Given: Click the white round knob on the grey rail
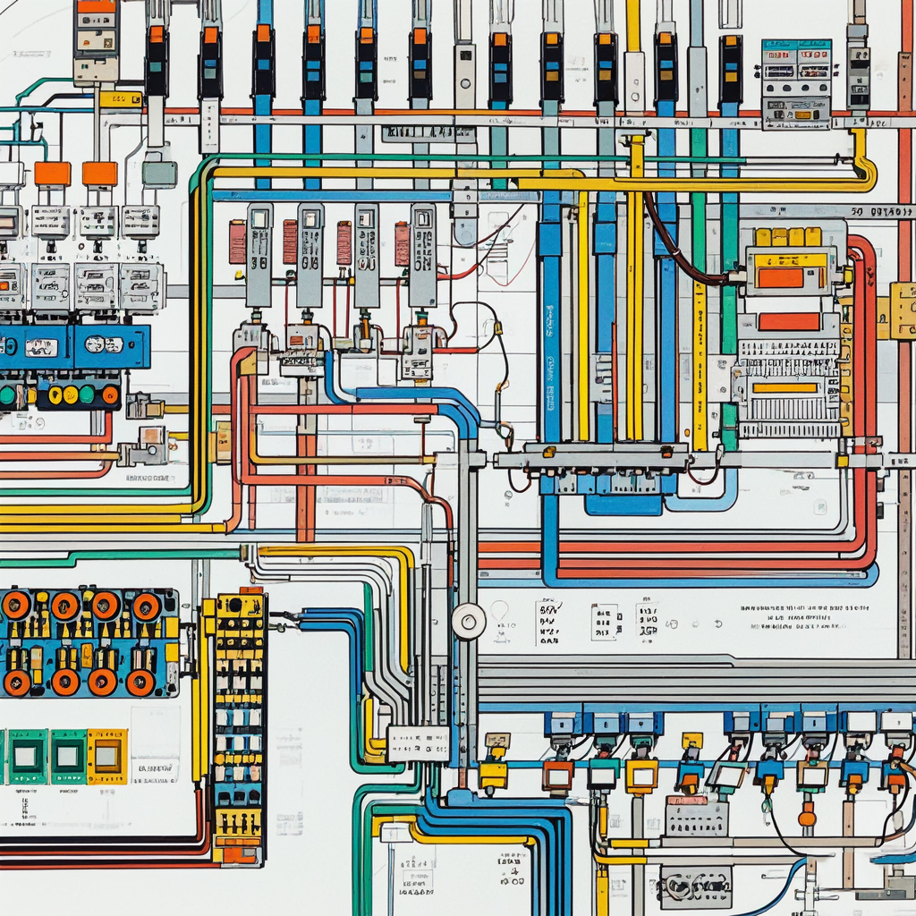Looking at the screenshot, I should pyautogui.click(x=468, y=621).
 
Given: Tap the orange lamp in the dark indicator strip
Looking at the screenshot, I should pyautogui.click(x=110, y=394).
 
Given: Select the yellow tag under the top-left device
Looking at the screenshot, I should pyautogui.click(x=121, y=98).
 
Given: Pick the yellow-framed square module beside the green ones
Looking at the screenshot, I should pyautogui.click(x=106, y=756).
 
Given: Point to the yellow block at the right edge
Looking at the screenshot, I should pyautogui.click(x=902, y=310).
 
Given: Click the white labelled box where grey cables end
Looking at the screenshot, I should pyautogui.click(x=418, y=743).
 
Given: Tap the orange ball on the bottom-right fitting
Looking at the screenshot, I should pyautogui.click(x=807, y=818).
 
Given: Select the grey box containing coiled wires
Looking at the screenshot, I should pyautogui.click(x=695, y=886).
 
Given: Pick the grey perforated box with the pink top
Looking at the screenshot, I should pyautogui.click(x=697, y=815).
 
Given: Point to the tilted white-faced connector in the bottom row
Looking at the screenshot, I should pyautogui.click(x=726, y=776).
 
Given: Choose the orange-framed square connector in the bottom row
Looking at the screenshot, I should pyautogui.click(x=557, y=774).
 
